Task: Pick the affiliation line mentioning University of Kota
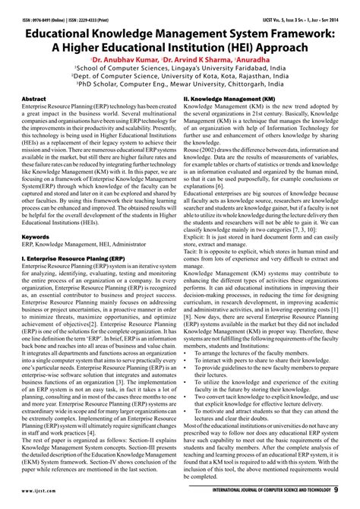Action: [x=179, y=77]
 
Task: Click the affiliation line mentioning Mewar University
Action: [x=179, y=86]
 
